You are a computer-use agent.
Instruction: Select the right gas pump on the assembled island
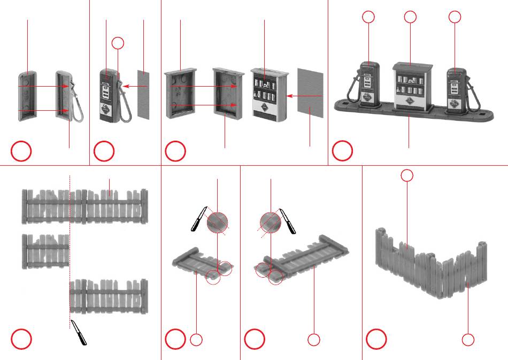click(x=453, y=89)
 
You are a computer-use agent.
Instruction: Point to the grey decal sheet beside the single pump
click(x=143, y=94)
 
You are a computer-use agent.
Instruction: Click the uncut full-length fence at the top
click(x=84, y=206)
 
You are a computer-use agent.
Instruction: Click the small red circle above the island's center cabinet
click(x=410, y=17)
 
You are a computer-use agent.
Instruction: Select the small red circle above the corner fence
click(x=407, y=175)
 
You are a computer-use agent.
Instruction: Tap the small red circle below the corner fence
click(x=468, y=339)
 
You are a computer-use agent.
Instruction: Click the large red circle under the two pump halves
click(x=22, y=152)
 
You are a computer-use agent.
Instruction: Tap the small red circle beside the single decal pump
click(x=119, y=43)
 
